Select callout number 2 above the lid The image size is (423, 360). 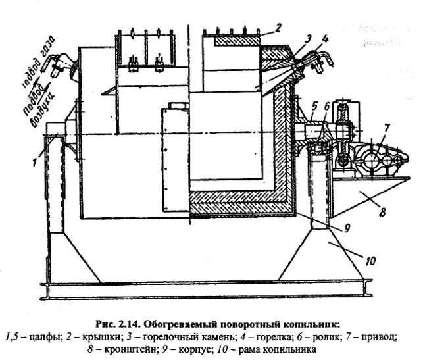[x=280, y=27]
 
